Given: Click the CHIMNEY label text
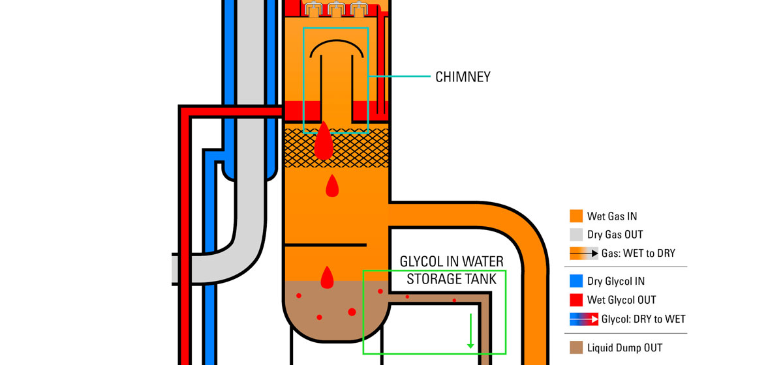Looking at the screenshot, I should coord(463,77).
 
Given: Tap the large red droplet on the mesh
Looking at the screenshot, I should coord(324,143).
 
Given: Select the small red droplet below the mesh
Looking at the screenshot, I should coord(332,186).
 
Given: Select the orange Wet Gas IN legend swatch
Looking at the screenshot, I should coord(576,216).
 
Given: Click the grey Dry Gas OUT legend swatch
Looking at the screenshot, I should coord(576,235).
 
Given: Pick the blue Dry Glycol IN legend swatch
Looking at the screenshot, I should coord(576,282).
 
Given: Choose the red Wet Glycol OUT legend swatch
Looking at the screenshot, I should coord(576,300).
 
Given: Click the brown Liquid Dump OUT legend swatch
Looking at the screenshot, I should coord(576,347).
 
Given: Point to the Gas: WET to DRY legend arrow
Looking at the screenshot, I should coord(583,254).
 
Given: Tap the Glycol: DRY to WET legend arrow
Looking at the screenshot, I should coord(583,319).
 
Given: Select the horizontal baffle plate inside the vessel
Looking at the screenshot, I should coord(326,245).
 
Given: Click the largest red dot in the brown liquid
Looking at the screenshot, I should coord(352,312).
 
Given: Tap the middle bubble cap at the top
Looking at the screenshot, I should coord(336,9).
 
